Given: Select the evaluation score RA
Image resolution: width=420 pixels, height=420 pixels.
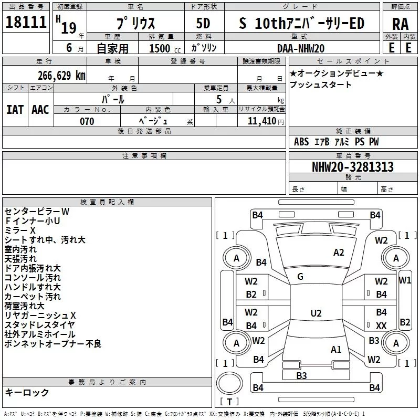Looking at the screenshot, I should pos(400,24).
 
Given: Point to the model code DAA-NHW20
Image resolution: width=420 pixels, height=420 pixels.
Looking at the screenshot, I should pos(300,48).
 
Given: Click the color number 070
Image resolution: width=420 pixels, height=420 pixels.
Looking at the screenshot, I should pos(87,121).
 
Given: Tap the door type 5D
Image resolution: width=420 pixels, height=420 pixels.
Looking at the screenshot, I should pos(203,24).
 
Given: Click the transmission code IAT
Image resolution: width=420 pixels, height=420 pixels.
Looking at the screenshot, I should pos(15,110).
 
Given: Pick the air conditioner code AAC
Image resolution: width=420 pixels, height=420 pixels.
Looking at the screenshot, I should pos(40,110).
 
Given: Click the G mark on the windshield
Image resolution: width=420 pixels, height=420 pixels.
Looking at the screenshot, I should pos(300,277).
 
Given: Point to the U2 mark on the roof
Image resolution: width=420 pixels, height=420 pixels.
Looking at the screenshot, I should pos(316,313).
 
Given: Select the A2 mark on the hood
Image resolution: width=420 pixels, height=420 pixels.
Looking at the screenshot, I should pos(339,253).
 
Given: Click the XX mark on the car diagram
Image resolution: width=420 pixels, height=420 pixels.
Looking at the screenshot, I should pos(381,326).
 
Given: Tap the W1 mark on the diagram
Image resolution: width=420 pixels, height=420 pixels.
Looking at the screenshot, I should pos(405,280).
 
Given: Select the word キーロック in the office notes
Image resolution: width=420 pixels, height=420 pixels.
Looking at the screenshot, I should pos(27,392).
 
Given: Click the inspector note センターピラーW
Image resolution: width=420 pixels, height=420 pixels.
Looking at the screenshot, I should pos(37,211).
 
